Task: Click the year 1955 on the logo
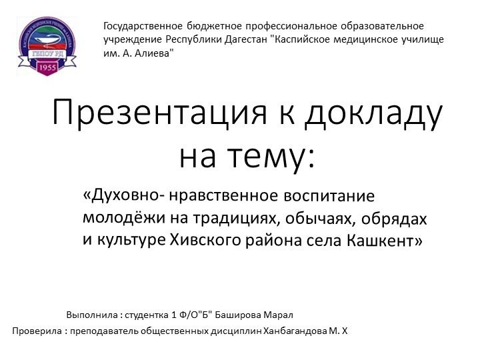(x=47, y=68)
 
